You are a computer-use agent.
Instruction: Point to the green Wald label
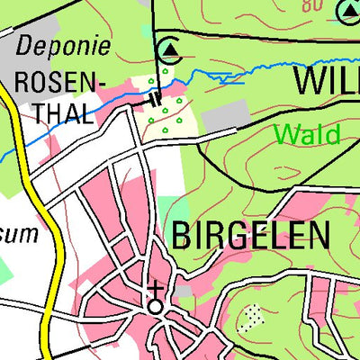click(307, 135)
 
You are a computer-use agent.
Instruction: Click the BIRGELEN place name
click(248, 236)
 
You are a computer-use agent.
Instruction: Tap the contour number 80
click(311, 6)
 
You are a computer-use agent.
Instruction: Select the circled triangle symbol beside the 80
click(347, 11)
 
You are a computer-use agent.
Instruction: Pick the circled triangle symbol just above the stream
click(167, 48)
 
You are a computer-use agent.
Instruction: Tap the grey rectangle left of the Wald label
click(227, 115)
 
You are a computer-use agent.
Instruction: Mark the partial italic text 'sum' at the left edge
click(20, 235)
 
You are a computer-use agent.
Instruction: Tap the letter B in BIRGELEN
click(179, 236)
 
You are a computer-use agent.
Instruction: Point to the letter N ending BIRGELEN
click(317, 236)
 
